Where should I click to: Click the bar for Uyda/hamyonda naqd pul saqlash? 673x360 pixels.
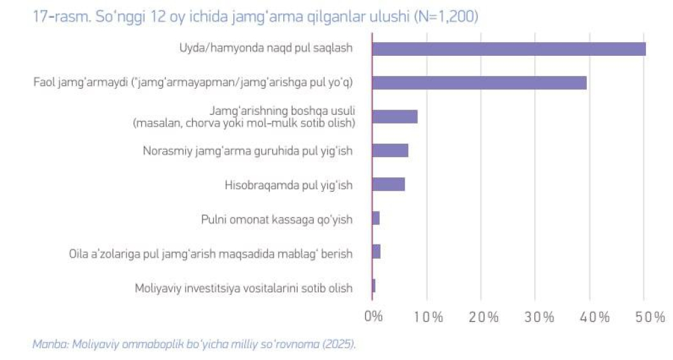point(509,49)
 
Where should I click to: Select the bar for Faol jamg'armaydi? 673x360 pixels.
point(479,83)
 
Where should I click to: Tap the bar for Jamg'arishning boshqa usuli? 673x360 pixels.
point(395,117)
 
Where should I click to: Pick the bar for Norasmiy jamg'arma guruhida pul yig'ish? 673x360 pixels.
point(390,150)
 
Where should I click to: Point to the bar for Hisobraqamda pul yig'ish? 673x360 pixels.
point(388,185)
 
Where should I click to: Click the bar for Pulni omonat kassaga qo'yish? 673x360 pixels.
point(376,219)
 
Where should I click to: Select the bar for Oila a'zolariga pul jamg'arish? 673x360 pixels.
point(377,252)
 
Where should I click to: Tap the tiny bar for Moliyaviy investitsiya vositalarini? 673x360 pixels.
point(374,286)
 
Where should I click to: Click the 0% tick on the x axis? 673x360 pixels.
point(373,317)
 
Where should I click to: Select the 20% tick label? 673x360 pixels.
point(483,317)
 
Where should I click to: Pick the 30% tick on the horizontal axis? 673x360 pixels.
point(540,317)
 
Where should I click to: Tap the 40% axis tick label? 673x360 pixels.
point(595,317)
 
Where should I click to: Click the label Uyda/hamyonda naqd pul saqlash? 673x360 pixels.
point(266,49)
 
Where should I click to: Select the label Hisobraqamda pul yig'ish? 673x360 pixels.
point(289,185)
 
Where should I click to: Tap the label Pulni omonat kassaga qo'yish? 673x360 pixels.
point(277,219)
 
